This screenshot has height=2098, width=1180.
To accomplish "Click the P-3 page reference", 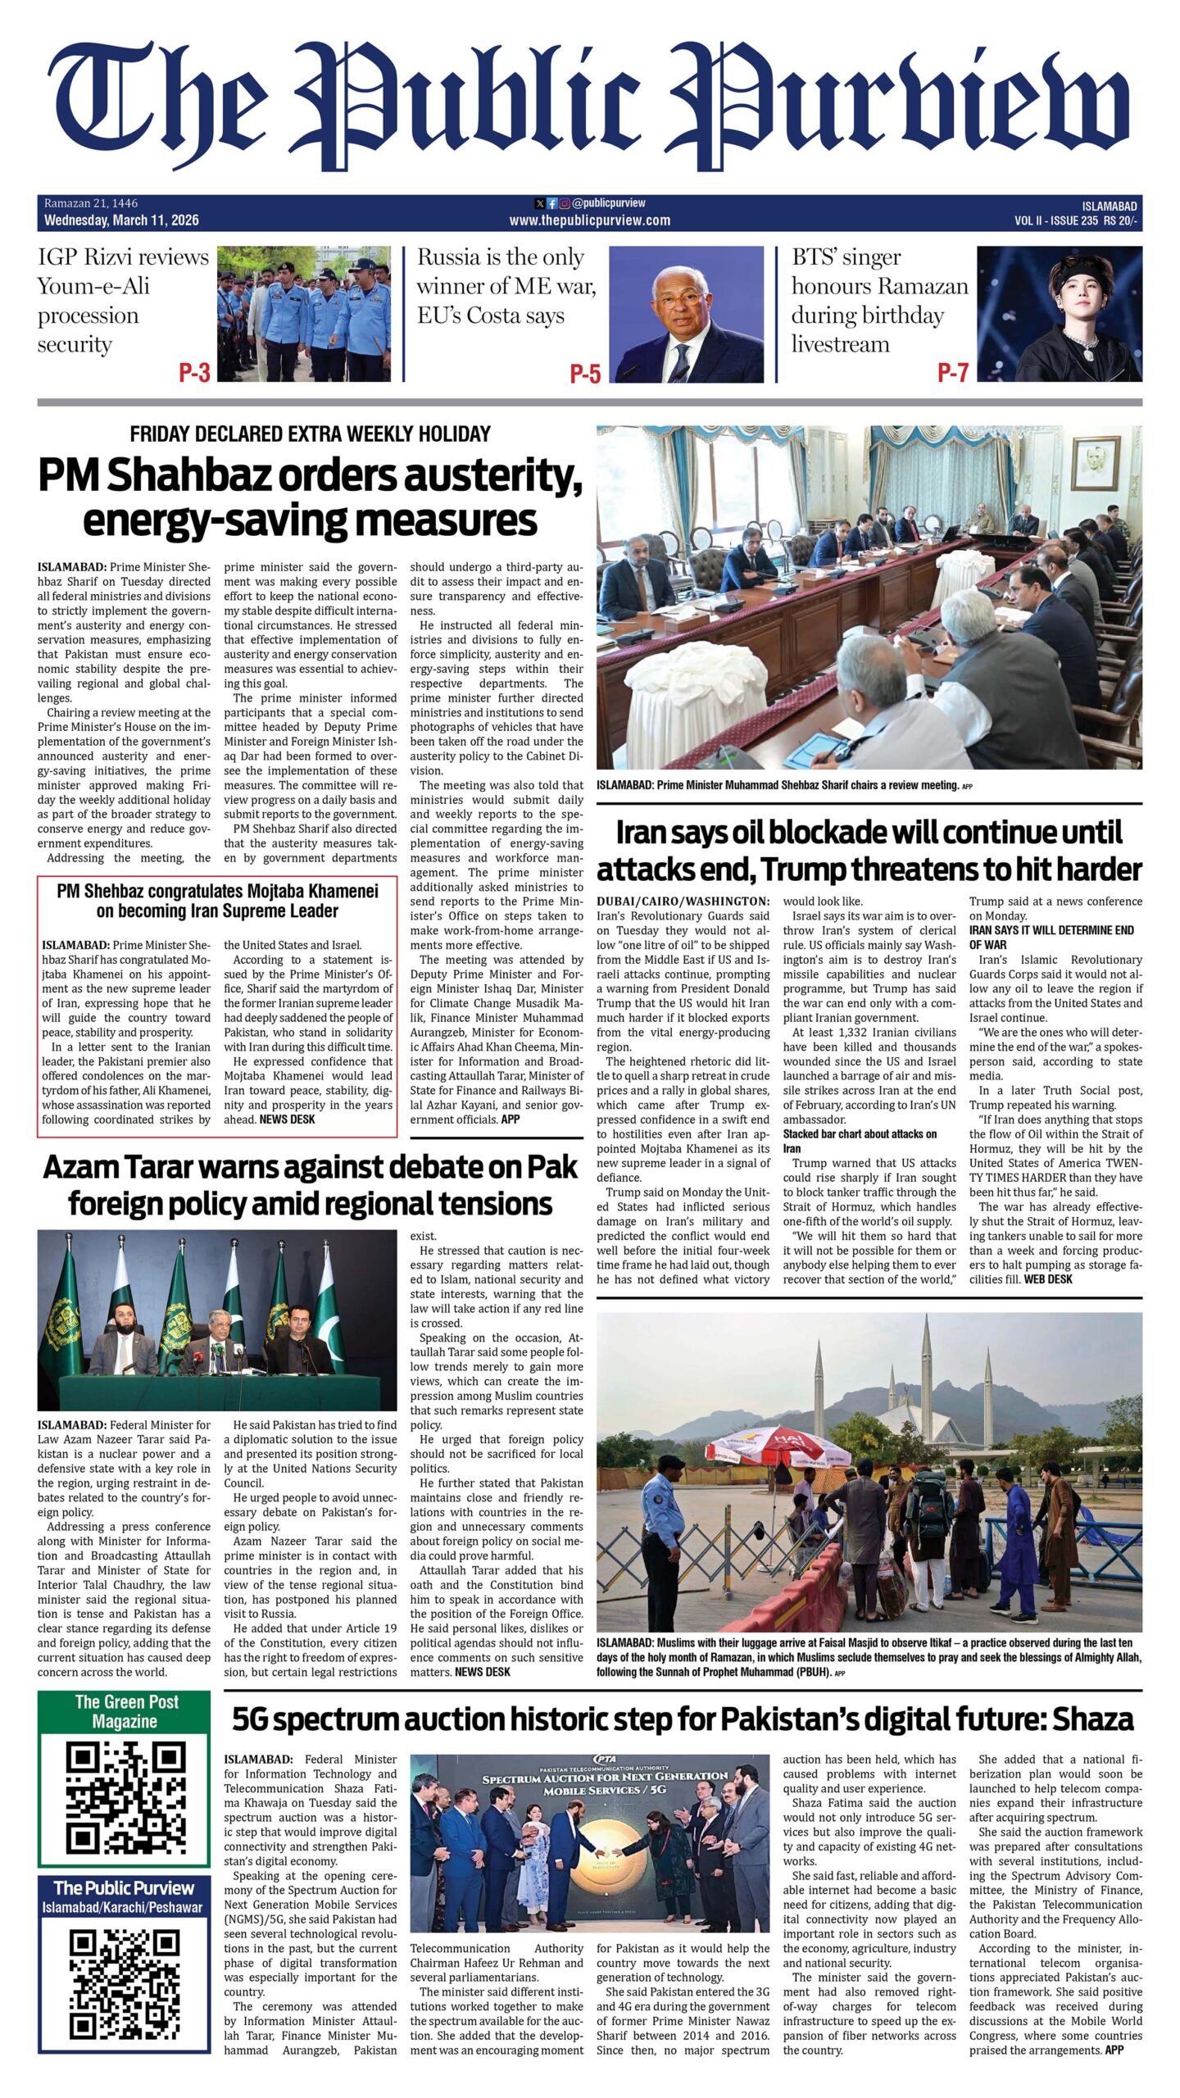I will coord(194,373).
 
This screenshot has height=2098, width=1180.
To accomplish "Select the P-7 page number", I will coord(953,373).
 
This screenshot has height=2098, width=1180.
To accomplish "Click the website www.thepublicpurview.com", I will coord(589,220).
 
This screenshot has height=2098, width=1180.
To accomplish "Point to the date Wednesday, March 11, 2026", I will coord(121,220).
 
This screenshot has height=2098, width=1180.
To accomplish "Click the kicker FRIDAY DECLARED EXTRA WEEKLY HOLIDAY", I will coord(310,434).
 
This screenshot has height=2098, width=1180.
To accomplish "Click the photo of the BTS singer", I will coord(1059,314).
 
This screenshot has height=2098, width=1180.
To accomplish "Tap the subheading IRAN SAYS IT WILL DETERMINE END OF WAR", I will coord(1051,938).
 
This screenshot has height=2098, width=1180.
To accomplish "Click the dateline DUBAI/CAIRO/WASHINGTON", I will coord(683,901).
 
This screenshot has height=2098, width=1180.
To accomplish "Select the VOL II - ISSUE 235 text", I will coord(1055,220).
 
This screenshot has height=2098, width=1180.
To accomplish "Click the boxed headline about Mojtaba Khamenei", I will coord(217,901).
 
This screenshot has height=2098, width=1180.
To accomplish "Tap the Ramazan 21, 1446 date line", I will coord(91,203).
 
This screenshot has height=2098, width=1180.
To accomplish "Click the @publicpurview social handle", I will coord(608,202).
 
